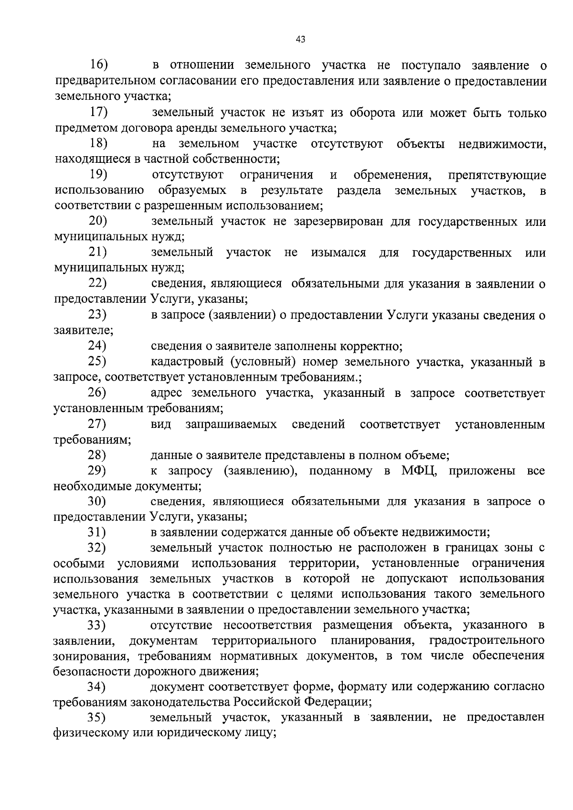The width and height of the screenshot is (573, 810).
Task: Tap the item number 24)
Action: click(97, 346)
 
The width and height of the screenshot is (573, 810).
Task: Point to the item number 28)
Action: click(97, 455)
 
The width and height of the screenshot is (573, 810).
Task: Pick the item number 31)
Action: click(97, 532)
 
